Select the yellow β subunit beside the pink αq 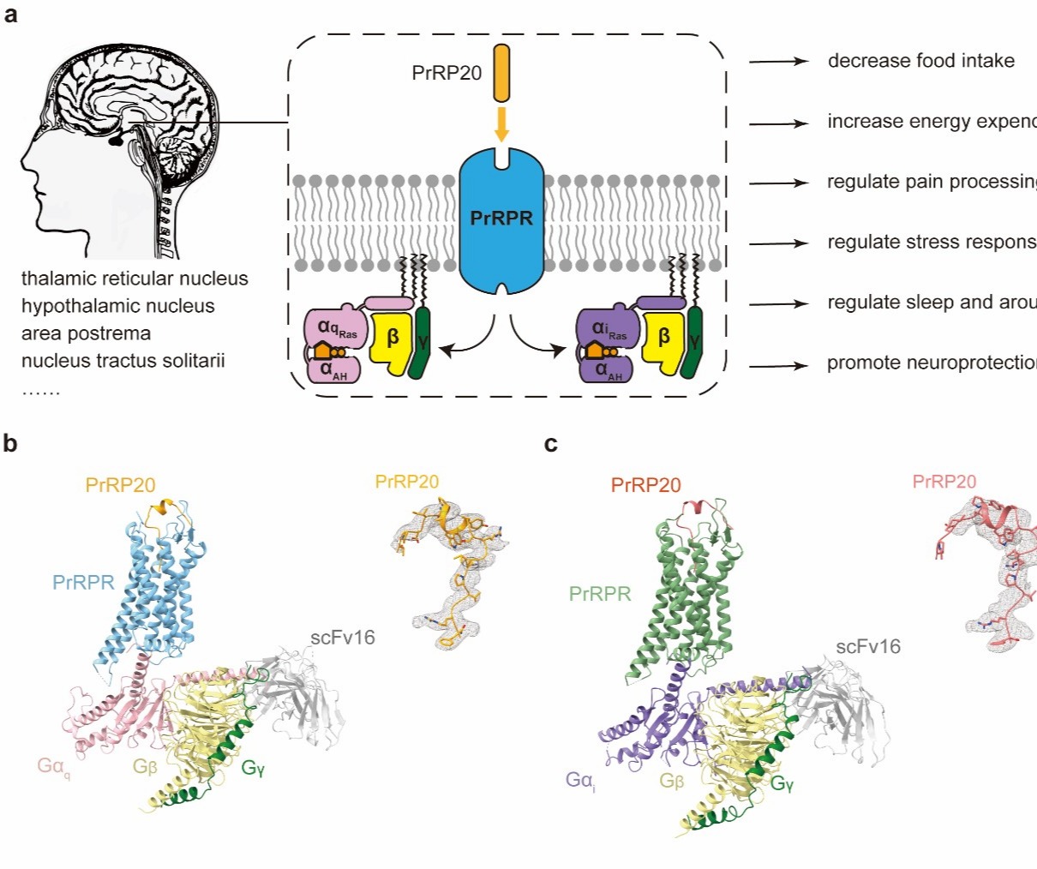coord(392,342)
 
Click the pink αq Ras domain coord(335,327)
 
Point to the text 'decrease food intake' coord(920,61)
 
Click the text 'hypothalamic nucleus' coord(118,306)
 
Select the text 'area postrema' coord(86,333)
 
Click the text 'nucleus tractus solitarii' coord(123,361)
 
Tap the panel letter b coord(10,443)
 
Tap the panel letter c coord(551,443)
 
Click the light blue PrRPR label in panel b coord(83,583)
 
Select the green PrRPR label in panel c coord(600,593)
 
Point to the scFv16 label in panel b coord(342,638)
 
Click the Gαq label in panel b coord(52,765)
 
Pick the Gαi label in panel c coord(580,781)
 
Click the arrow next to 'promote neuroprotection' coord(778,366)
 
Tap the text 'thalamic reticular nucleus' coord(135,279)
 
